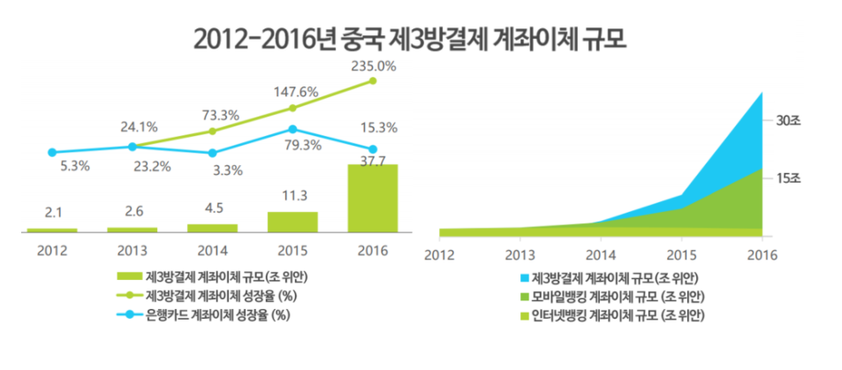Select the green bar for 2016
coord(372,198)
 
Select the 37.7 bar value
coord(372,159)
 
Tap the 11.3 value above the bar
coord(292,197)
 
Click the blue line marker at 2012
coord(52,152)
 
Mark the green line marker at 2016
coord(372,80)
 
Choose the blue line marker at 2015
coord(292,129)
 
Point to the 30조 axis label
coord(787,120)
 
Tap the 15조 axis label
coord(787,178)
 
